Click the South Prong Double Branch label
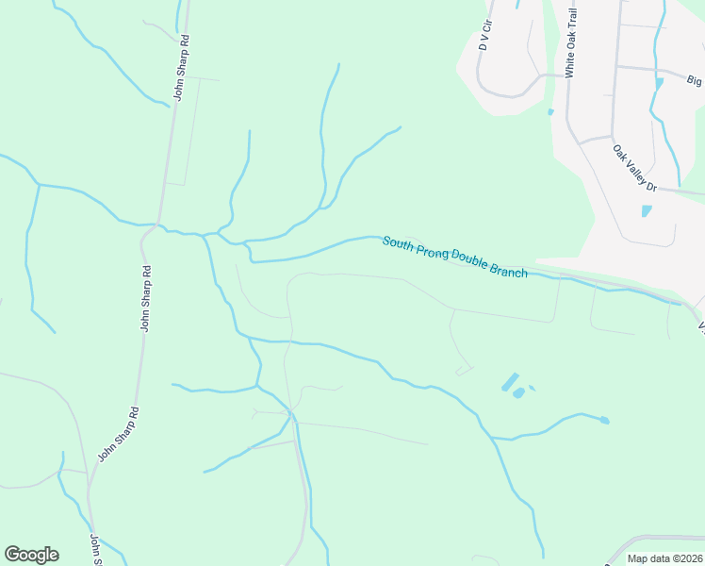click(x=454, y=256)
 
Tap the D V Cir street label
click(x=485, y=34)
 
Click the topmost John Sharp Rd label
click(x=180, y=69)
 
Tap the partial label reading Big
click(x=695, y=81)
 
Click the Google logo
click(x=31, y=555)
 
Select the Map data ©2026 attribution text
click(x=664, y=558)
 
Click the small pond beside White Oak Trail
click(x=550, y=112)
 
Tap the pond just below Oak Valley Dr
click(x=647, y=211)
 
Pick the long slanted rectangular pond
click(x=509, y=382)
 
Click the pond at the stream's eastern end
click(x=603, y=420)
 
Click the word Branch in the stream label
click(x=508, y=268)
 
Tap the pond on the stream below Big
click(x=659, y=83)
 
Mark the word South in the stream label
click(x=399, y=242)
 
